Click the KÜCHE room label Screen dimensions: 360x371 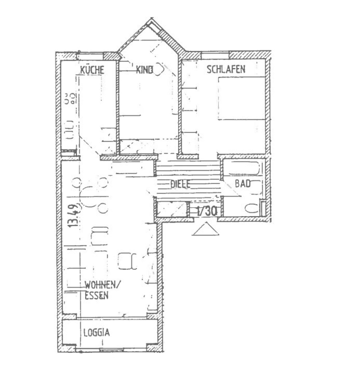tap(93, 70)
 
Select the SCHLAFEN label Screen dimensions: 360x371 tap(226, 69)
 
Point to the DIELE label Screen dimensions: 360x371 tap(180, 184)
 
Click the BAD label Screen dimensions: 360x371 tap(242, 184)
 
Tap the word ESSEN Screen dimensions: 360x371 tap(96, 296)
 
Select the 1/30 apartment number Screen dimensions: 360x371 tap(207, 211)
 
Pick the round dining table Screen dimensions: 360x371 tap(89, 195)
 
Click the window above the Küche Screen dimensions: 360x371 tap(90, 56)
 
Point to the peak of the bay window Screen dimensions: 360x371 tap(152, 19)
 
